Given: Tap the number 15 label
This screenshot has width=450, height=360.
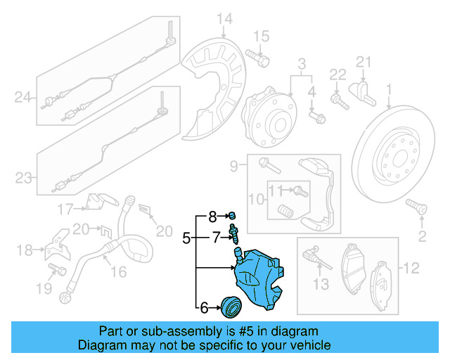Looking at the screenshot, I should [x=261, y=36].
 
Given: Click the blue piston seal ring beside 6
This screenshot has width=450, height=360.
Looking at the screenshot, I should [x=231, y=307].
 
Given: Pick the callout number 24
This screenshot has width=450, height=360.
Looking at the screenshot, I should [x=24, y=98].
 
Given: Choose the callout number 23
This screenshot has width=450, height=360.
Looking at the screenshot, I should [x=24, y=178].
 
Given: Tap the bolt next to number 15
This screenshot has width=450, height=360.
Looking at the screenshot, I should [x=261, y=60].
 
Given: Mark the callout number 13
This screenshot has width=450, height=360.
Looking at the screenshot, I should [x=321, y=284].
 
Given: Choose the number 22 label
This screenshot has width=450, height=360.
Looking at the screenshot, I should [x=338, y=74].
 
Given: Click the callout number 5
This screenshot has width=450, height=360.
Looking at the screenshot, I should [x=186, y=238].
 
